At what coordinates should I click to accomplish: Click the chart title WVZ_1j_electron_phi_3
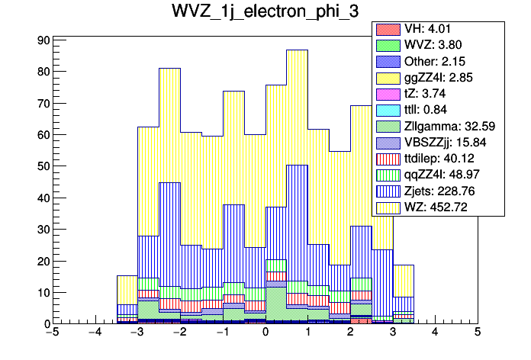click(x=265, y=13)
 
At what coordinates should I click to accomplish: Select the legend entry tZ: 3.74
click(x=438, y=93)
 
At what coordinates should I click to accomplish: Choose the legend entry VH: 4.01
click(x=437, y=29)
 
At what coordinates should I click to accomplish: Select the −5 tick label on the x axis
click(x=52, y=333)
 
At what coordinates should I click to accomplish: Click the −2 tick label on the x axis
click(x=179, y=333)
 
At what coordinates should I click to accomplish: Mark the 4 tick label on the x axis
click(x=435, y=333)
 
